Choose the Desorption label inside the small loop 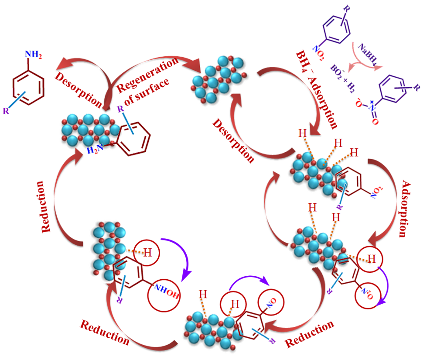click(233, 140)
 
